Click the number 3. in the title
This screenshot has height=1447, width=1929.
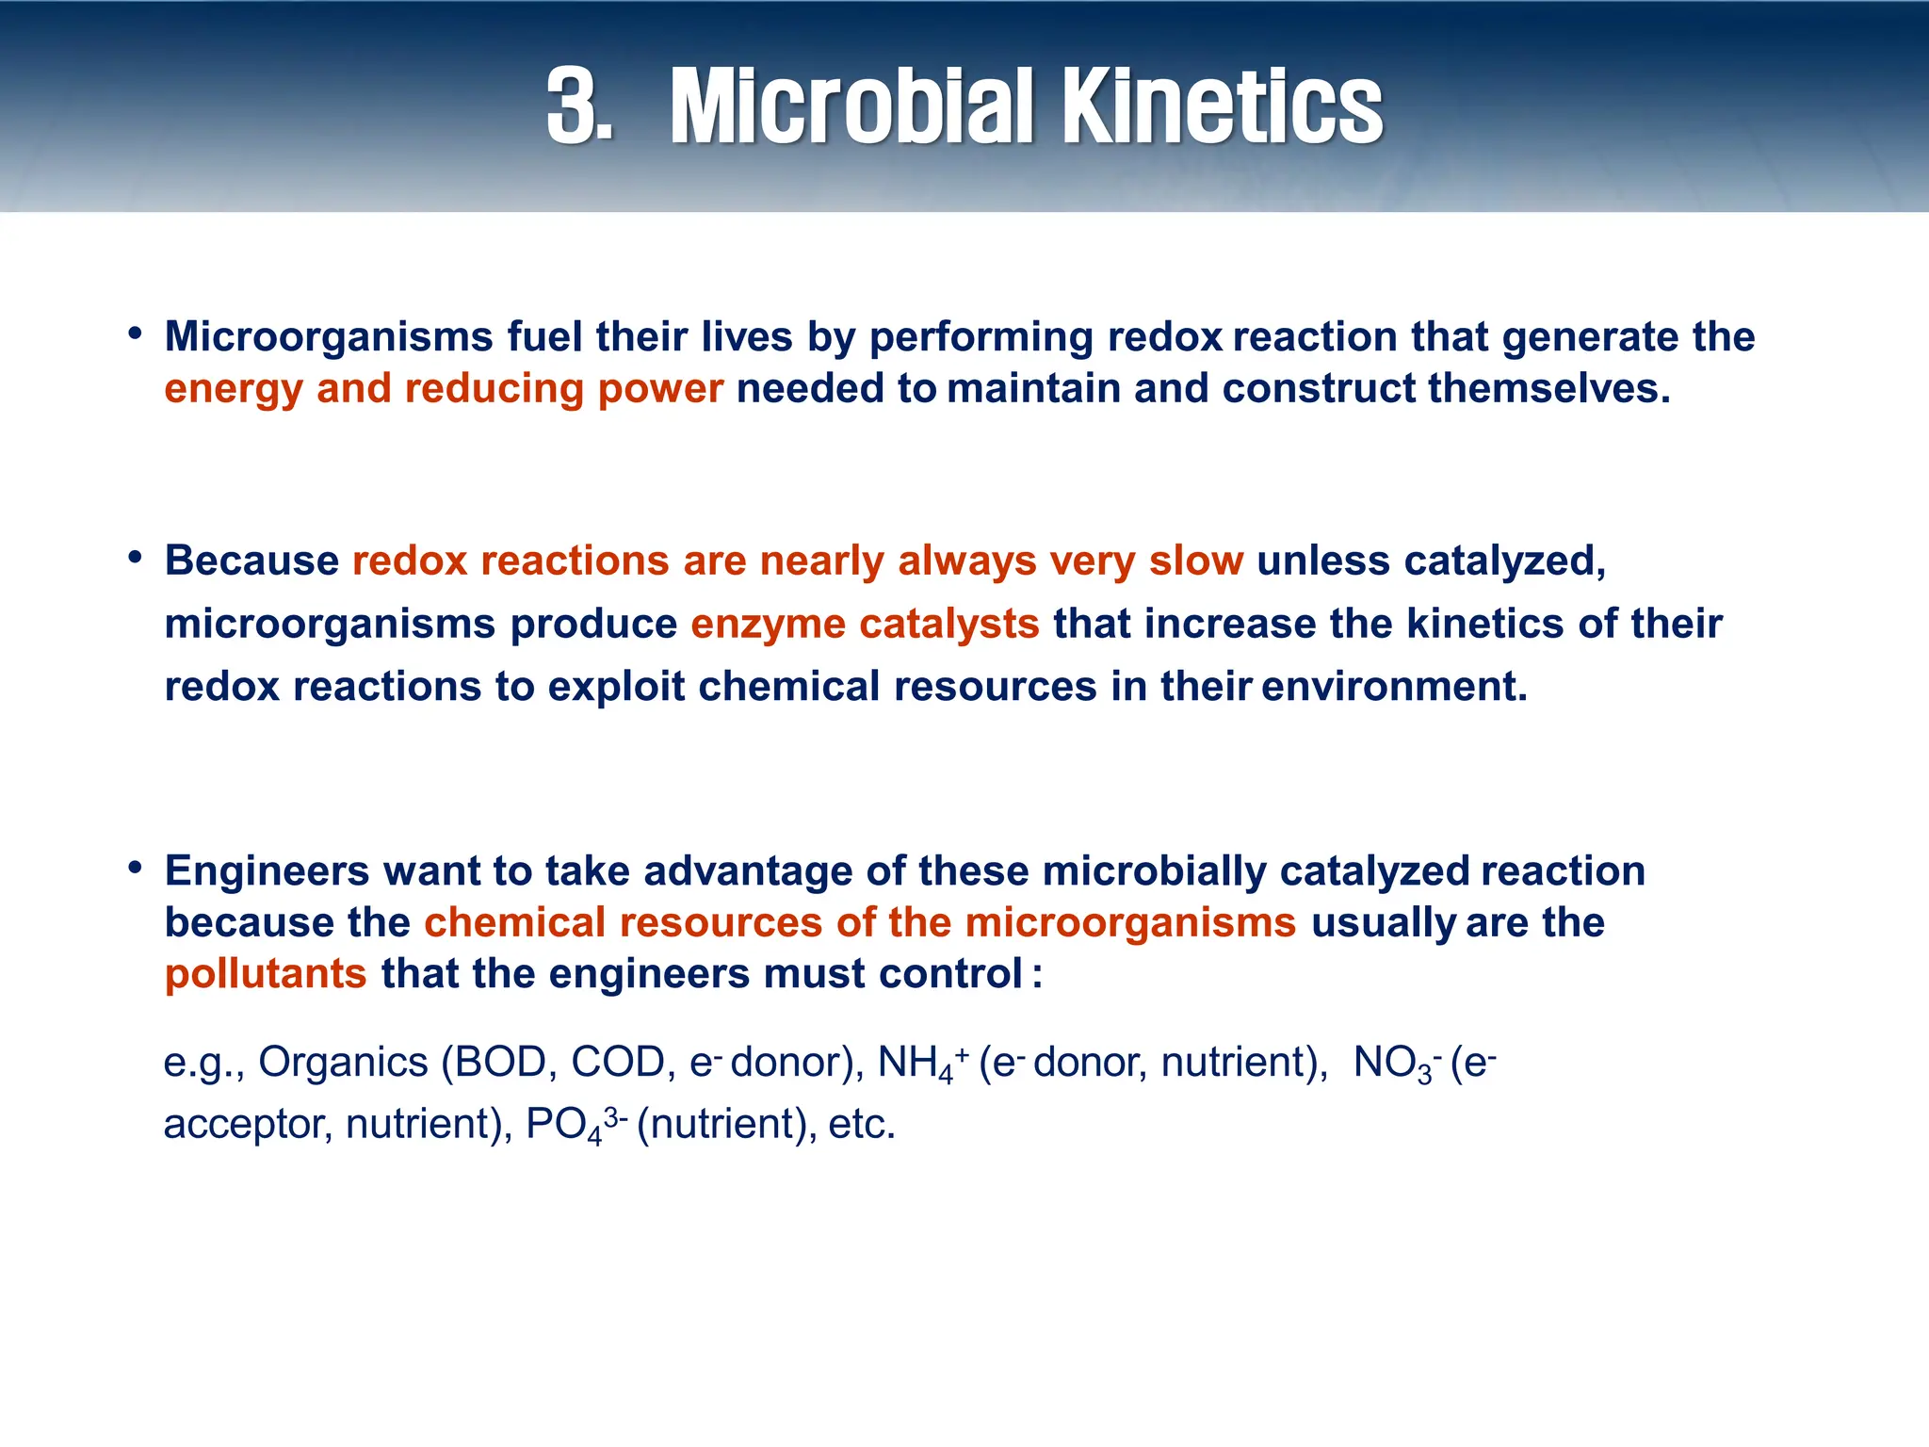tap(579, 106)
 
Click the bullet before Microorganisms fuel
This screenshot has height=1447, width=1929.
tap(136, 333)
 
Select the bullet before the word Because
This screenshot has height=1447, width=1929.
tap(136, 558)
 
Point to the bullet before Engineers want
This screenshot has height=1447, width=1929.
tap(136, 868)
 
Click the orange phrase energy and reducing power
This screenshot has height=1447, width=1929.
tap(444, 389)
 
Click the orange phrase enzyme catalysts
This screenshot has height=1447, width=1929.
tap(865, 625)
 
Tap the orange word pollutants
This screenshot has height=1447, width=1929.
tap(266, 974)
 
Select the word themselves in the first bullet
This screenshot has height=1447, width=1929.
tap(1548, 389)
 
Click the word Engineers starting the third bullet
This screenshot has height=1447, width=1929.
tap(267, 871)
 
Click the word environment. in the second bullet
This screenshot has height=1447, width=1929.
tap(1394, 687)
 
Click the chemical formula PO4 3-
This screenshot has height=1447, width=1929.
tap(575, 1125)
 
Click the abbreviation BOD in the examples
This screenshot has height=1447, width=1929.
tap(500, 1064)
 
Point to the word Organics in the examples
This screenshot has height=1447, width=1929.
tap(343, 1064)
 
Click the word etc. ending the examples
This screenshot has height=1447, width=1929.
tap(861, 1125)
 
